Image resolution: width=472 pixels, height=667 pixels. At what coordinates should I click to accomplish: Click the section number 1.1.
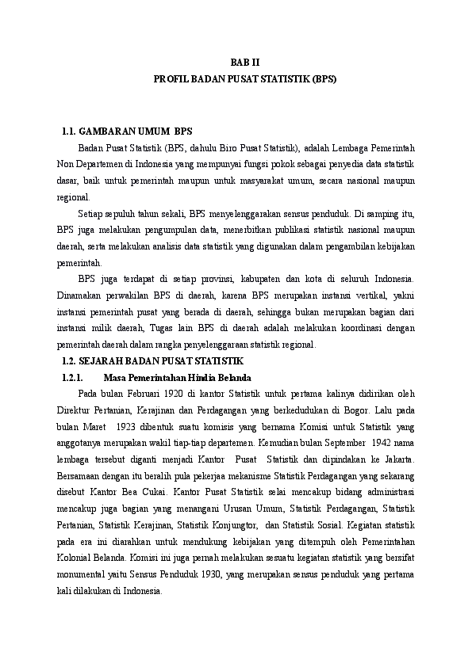(x=69, y=131)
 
